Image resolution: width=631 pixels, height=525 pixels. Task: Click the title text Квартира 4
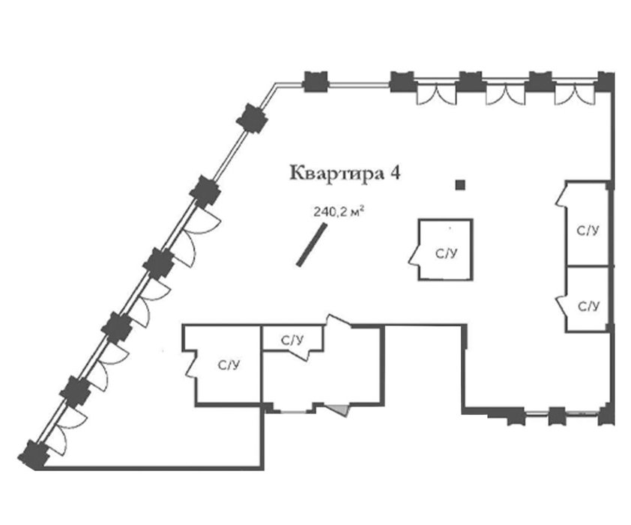342,172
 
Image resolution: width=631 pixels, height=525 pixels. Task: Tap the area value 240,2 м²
338,212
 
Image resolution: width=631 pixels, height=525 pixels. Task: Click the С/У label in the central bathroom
446,253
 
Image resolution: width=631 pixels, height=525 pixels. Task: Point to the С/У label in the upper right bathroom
588,230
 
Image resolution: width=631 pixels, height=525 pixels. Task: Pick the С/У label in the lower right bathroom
589,306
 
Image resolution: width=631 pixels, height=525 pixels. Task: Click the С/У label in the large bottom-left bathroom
229,365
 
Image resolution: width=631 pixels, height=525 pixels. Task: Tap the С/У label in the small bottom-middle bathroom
292,341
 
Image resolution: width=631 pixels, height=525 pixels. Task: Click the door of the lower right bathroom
560,304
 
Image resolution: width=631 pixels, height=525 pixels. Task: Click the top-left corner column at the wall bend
252,117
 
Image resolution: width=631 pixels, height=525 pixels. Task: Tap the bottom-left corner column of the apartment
33,454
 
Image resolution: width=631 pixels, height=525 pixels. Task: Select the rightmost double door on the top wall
574,94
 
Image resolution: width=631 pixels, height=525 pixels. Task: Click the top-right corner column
606,81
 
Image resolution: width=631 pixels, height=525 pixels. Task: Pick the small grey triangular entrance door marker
341,409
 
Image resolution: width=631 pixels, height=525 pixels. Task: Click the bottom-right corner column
606,415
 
